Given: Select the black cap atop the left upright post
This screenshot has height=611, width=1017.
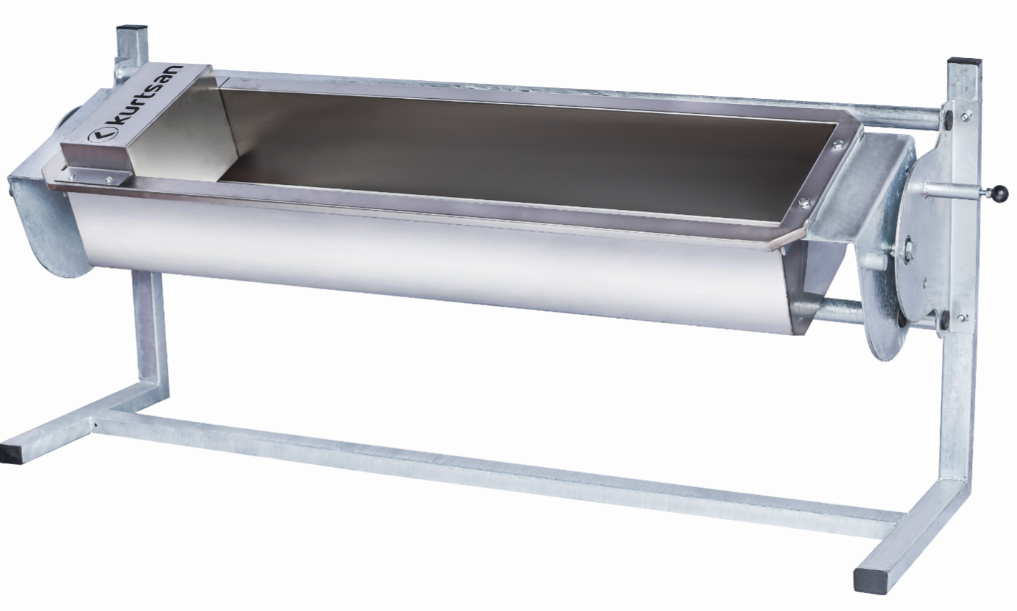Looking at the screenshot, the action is click(x=132, y=27).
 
